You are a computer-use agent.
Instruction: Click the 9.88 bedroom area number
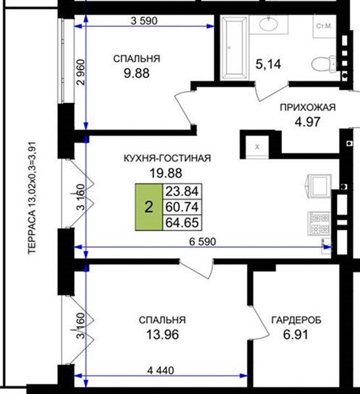pyautogui.click(x=137, y=74)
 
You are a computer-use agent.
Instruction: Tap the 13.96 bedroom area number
pyautogui.click(x=162, y=335)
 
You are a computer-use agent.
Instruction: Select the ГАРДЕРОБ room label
pyautogui.click(x=296, y=320)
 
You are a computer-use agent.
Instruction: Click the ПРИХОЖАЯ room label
pyautogui.click(x=307, y=107)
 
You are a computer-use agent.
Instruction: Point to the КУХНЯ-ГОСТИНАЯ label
pyautogui.click(x=167, y=158)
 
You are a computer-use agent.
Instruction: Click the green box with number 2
pyautogui.click(x=149, y=207)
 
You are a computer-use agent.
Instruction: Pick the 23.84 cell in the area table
pyautogui.click(x=182, y=192)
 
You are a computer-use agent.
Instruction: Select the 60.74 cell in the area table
pyautogui.click(x=182, y=207)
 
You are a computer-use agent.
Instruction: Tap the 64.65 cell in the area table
pyautogui.click(x=182, y=223)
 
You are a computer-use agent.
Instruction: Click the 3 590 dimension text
pyautogui.click(x=144, y=21)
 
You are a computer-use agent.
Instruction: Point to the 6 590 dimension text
pyautogui.click(x=202, y=242)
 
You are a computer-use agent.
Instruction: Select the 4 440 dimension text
pyautogui.click(x=160, y=370)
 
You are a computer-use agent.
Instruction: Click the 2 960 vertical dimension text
pyautogui.click(x=81, y=72)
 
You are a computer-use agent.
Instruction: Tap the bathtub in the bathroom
pyautogui.click(x=235, y=48)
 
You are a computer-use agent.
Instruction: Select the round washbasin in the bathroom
pyautogui.click(x=269, y=24)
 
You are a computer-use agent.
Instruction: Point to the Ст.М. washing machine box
pyautogui.click(x=325, y=26)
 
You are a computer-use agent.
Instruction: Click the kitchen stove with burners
pyautogui.click(x=319, y=224)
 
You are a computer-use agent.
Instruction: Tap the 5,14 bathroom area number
pyautogui.click(x=268, y=64)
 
